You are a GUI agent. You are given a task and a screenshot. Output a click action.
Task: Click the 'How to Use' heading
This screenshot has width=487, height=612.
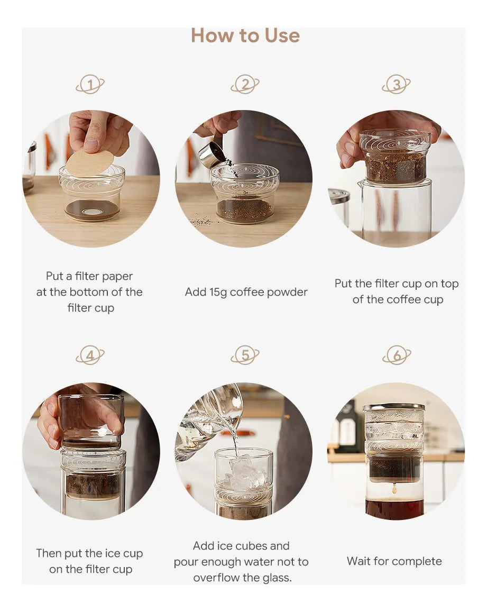pyautogui.click(x=245, y=35)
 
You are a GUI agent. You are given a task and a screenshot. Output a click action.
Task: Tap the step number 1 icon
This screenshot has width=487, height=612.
pyautogui.click(x=90, y=84)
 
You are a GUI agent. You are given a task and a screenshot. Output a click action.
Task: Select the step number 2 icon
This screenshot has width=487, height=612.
pyautogui.click(x=245, y=84)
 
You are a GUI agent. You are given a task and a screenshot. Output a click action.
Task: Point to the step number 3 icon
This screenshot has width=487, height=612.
pyautogui.click(x=396, y=84)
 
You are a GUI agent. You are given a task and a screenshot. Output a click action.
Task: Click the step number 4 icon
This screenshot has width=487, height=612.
pyautogui.click(x=90, y=355)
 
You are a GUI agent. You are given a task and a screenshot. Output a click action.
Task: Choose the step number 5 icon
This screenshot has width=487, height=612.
pyautogui.click(x=245, y=355)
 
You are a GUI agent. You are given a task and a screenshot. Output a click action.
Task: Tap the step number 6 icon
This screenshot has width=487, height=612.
pyautogui.click(x=397, y=355)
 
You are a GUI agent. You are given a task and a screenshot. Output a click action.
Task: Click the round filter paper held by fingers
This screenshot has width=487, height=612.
pyautogui.click(x=90, y=163)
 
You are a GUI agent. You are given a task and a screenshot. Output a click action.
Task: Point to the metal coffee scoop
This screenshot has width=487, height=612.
pyautogui.click(x=213, y=153)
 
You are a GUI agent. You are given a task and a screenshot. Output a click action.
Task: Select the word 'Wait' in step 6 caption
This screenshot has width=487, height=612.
pyautogui.click(x=359, y=561)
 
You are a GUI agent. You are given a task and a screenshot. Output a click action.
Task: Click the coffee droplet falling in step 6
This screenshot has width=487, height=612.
pyautogui.click(x=394, y=488)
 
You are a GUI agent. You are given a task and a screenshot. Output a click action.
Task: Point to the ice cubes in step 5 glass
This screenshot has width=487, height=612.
pyautogui.click(x=244, y=473)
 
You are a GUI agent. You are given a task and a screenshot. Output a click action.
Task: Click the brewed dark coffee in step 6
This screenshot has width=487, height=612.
pyautogui.click(x=394, y=509)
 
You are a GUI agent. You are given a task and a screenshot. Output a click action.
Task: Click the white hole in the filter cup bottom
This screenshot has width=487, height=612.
pyautogui.click(x=93, y=212)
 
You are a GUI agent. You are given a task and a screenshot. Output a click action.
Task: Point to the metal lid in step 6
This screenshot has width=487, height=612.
pyautogui.click(x=394, y=407)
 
